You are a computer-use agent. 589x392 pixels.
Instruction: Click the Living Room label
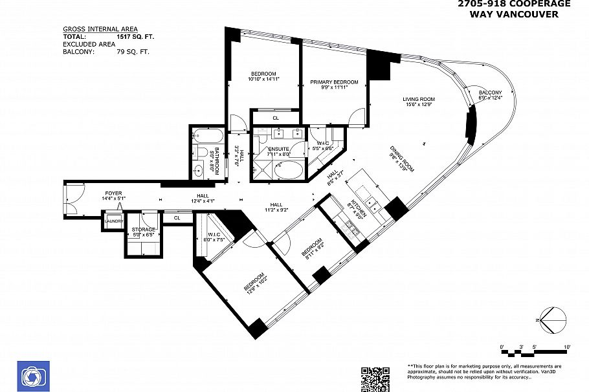pos(419,99)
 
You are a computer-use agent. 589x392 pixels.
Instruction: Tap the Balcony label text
pos(490,93)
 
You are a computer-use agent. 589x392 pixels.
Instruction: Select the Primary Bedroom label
pos(333,82)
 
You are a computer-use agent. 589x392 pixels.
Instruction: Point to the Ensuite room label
pos(279,149)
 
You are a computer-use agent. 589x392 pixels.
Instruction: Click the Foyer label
pos(114,193)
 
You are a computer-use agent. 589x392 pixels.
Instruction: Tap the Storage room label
pos(143,230)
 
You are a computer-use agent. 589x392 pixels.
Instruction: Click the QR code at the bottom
pos(375,379)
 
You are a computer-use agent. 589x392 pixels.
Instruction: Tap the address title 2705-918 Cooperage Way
pos(514,8)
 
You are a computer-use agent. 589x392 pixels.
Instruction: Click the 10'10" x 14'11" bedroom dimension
pos(263,79)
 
